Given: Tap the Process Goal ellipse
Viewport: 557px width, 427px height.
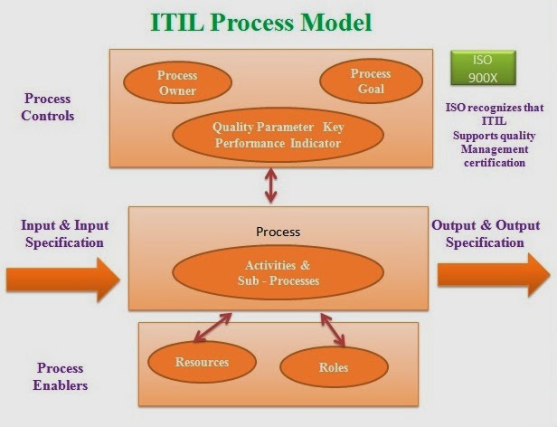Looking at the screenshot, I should click(x=370, y=81).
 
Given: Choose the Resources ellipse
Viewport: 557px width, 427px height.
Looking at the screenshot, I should click(x=202, y=362).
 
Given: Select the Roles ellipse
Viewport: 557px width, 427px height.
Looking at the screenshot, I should click(x=334, y=367).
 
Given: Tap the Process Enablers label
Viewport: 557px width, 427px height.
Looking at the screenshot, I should click(x=61, y=376).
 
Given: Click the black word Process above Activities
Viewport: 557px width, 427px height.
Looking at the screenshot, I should click(x=278, y=232).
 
